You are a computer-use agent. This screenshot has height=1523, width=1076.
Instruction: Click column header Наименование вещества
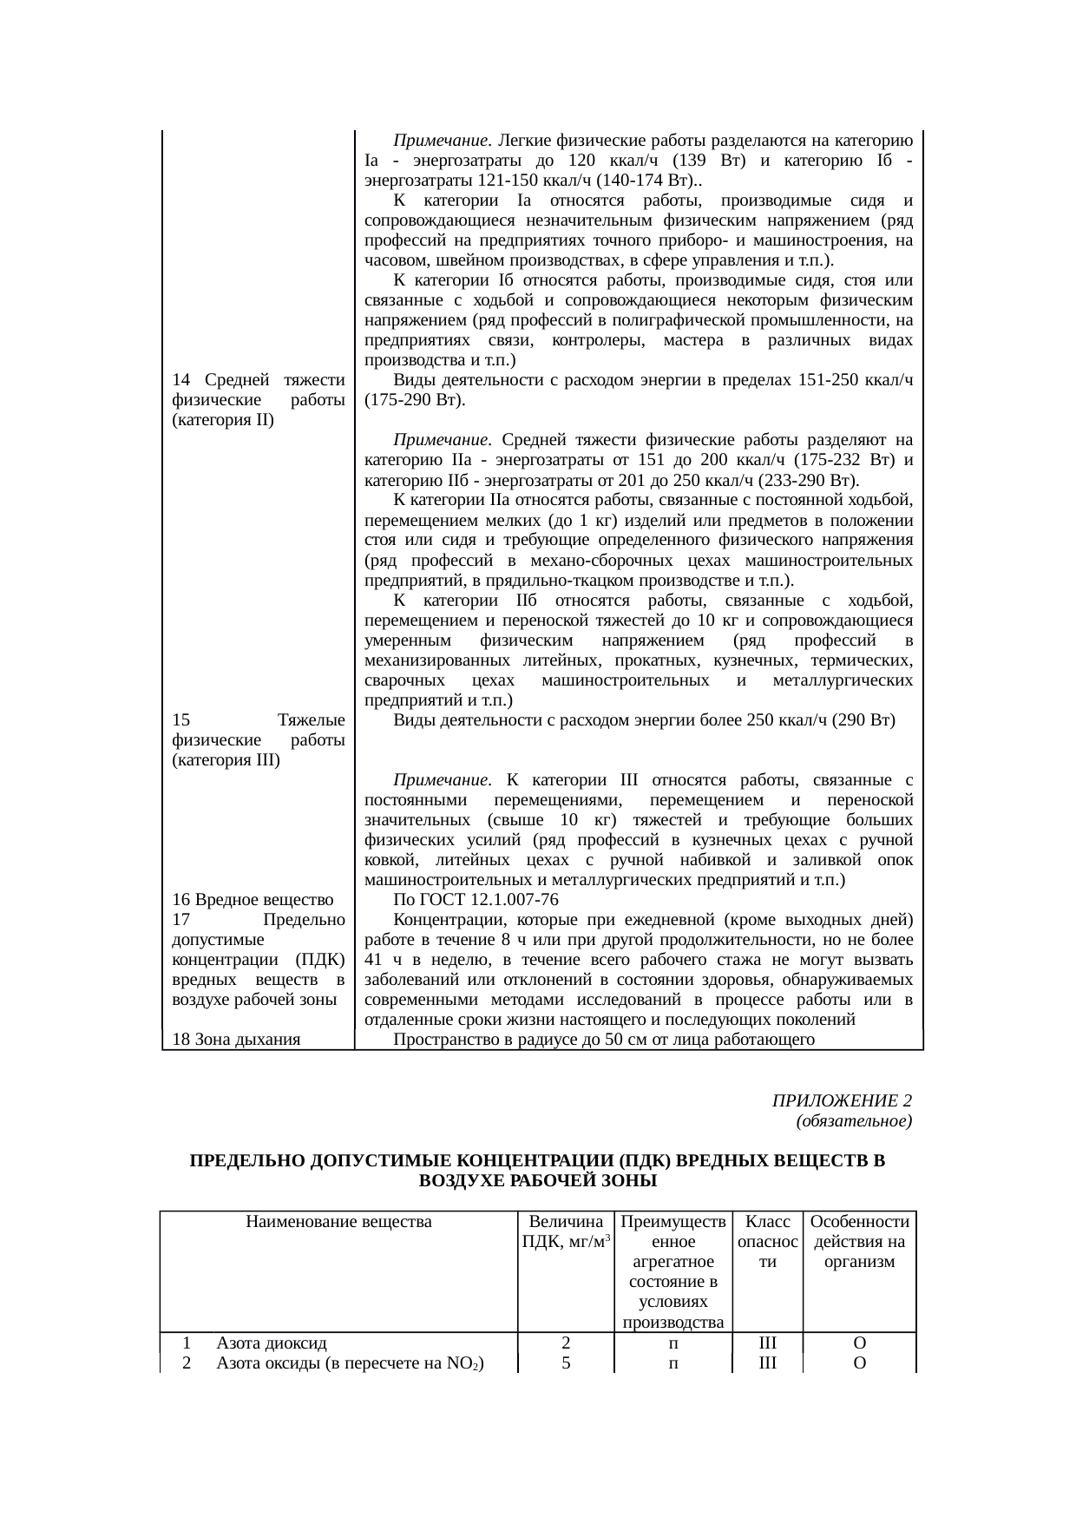point(338,1222)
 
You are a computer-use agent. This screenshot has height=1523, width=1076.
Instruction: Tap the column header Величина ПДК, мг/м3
point(565,1231)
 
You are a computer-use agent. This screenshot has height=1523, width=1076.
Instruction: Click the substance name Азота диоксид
point(272,1343)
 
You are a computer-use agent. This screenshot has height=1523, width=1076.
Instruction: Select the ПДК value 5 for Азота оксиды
point(565,1362)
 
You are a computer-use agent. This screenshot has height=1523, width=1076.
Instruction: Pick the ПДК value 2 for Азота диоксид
point(565,1343)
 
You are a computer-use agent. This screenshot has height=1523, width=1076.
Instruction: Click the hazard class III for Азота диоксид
point(767,1343)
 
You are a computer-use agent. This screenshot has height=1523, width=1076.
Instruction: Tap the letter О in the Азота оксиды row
point(858,1362)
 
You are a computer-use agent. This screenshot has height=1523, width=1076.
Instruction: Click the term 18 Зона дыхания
point(236,1040)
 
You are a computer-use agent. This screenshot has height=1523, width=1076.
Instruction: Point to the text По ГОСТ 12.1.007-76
point(476,900)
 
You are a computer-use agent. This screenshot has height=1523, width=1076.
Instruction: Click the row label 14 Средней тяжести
point(258,380)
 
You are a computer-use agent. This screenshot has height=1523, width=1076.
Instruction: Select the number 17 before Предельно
point(180,920)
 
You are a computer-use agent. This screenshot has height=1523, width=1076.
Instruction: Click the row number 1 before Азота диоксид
point(187,1343)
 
